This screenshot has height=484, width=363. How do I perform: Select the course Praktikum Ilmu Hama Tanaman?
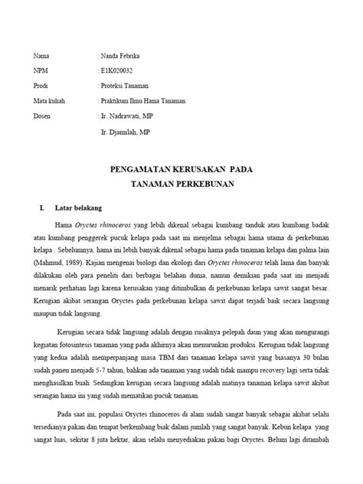pyautogui.click(x=150, y=100)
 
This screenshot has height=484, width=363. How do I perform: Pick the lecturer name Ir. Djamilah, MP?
pyautogui.click(x=131, y=131)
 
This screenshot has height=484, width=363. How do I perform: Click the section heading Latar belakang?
pyautogui.click(x=79, y=208)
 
